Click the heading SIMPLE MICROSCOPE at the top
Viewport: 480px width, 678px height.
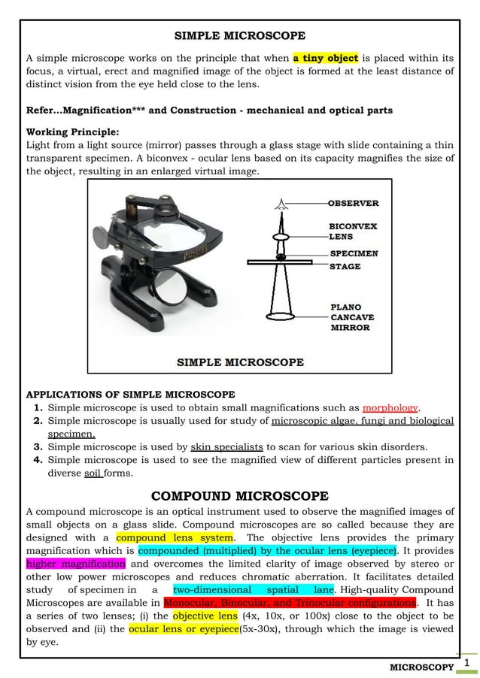pos(240,35)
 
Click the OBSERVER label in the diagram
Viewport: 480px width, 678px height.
pos(354,203)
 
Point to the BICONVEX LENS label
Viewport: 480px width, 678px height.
pos(353,231)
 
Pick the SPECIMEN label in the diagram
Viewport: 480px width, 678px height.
pos(354,254)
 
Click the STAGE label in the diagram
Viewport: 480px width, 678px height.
pos(345,266)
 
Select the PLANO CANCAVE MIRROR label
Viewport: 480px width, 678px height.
pos(351,317)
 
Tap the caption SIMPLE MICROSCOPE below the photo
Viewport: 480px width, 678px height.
pos(240,362)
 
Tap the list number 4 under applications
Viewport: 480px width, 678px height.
pos(37,460)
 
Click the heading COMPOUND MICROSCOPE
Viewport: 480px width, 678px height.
pos(240,496)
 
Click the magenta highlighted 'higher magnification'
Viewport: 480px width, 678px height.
pos(76,564)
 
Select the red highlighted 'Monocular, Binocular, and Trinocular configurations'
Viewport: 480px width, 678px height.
pos(290,603)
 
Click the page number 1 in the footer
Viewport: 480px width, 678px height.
pos(466,662)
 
